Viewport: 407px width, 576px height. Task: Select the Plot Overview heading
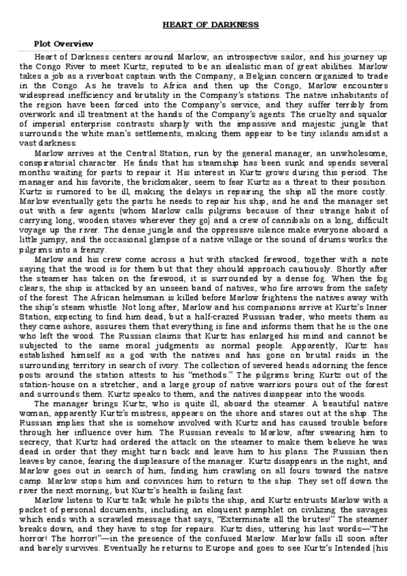pyautogui.click(x=59, y=43)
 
